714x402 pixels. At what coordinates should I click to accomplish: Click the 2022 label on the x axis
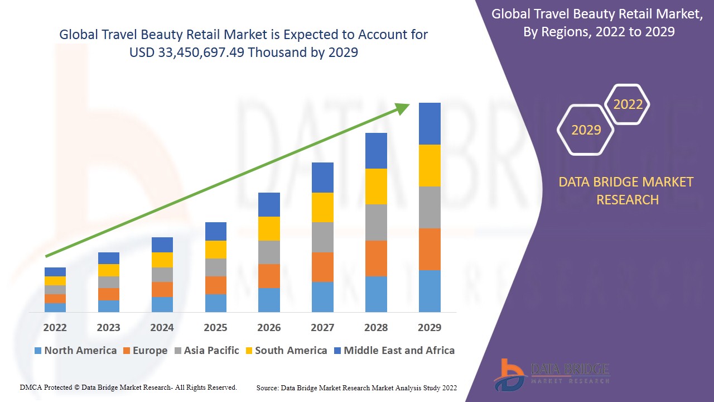(55, 327)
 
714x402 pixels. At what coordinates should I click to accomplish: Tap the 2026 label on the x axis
(269, 327)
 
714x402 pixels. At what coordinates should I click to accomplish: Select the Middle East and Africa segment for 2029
(430, 123)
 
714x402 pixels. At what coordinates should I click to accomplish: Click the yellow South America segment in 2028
(376, 186)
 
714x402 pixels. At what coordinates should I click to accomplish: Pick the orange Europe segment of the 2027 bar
(322, 267)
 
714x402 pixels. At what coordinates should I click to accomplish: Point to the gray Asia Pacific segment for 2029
(430, 207)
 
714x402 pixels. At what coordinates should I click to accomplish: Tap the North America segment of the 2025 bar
(216, 303)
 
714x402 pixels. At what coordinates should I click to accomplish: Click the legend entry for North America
(75, 351)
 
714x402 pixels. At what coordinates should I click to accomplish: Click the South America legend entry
(286, 351)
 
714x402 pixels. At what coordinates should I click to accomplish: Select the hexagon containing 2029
(586, 130)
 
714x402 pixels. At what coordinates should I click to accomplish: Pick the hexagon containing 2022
(628, 104)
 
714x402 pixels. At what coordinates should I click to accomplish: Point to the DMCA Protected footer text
(128, 387)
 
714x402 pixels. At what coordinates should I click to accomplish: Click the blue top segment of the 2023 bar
(109, 258)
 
